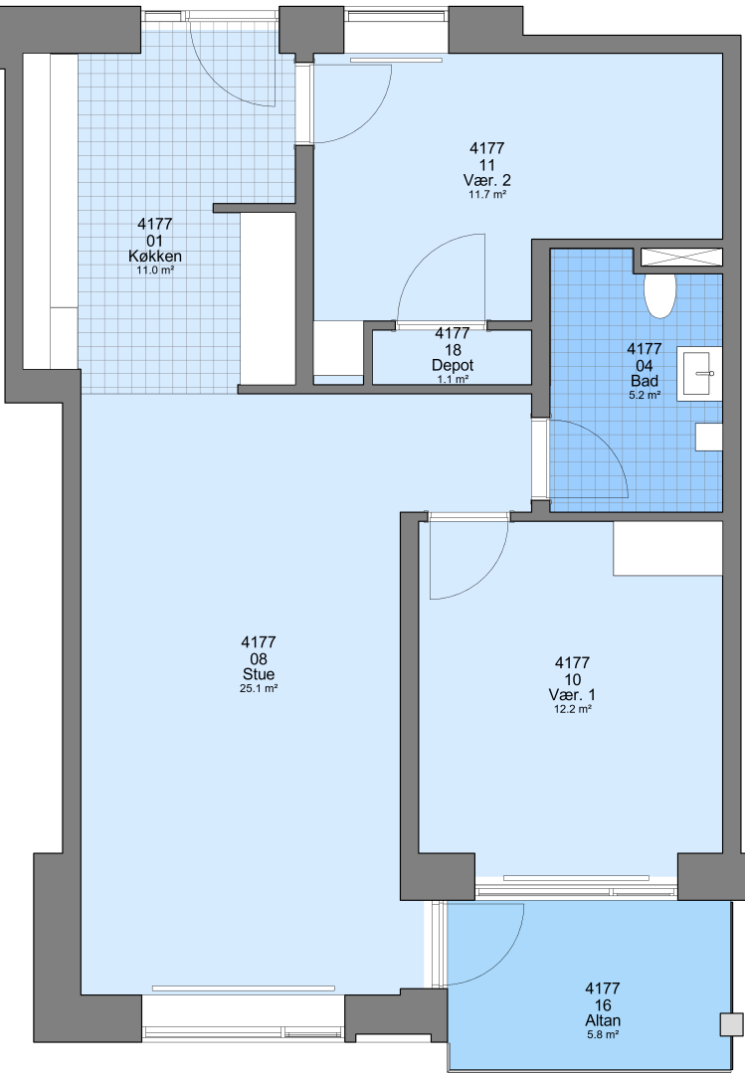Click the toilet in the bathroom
point(660,295)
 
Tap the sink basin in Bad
point(700,373)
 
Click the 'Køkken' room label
point(155,257)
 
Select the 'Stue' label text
point(259,674)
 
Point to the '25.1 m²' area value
point(259,689)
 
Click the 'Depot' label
point(453,365)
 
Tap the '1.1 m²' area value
point(453,379)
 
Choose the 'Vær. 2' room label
point(487,180)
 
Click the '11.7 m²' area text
point(487,195)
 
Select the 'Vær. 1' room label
point(572,694)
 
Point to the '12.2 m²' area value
point(572,710)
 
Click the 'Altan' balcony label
point(603,1020)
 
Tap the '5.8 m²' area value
point(603,1034)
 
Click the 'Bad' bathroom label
point(645,381)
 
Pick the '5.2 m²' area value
point(645,395)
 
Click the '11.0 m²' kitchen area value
point(155,270)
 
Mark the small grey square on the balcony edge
point(731,1024)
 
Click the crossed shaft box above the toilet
point(681,257)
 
